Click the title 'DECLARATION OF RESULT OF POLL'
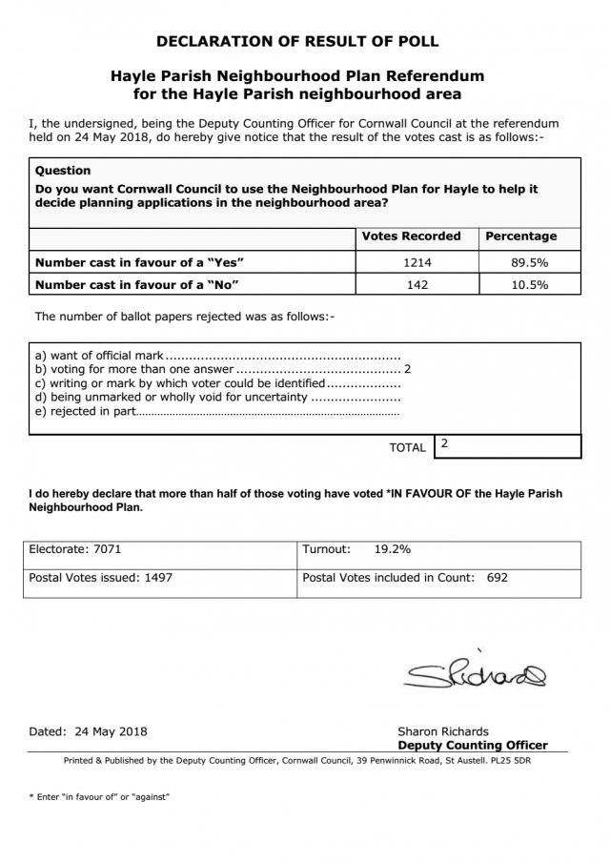[x=296, y=42]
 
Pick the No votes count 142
[x=417, y=285]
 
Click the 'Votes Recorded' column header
[x=411, y=236]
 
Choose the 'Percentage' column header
[x=521, y=236]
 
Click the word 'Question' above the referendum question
[x=63, y=171]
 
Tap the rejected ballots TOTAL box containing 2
[x=506, y=446]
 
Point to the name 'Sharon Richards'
[x=443, y=732]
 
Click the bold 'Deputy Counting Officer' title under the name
[x=472, y=746]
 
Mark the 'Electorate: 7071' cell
[x=75, y=550]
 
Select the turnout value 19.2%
[x=392, y=550]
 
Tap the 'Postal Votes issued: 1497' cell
[x=101, y=578]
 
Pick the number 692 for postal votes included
[x=497, y=578]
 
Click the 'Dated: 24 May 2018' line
[x=89, y=732]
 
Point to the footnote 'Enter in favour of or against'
[x=99, y=796]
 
